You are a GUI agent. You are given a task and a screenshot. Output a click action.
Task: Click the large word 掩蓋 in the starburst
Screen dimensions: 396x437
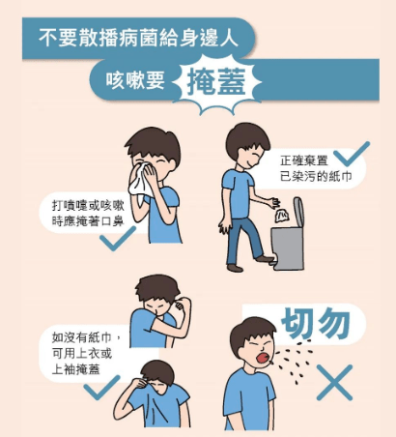coord(216,82)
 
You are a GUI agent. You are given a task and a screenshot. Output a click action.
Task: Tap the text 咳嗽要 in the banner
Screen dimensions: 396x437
coord(135,79)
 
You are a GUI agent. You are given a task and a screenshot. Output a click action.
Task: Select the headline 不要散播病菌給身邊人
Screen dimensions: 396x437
coord(138,38)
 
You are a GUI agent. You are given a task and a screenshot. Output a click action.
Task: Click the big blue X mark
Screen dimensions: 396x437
coord(334,383)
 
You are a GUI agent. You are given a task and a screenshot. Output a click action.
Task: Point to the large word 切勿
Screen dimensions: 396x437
coord(316,323)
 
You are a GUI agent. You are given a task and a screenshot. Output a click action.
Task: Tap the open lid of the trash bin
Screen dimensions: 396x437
coord(298,212)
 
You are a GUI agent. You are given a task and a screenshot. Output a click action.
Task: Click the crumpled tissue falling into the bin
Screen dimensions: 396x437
coord(281,216)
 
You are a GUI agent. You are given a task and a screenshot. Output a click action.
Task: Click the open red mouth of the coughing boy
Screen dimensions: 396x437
coord(263,358)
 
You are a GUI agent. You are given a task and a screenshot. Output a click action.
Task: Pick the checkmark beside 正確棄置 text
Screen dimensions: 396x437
coord(352,154)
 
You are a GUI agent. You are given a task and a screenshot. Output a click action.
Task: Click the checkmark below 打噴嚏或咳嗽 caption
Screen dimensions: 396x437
coord(118,238)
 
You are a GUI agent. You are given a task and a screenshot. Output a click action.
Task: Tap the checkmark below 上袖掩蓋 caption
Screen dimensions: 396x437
coord(101,388)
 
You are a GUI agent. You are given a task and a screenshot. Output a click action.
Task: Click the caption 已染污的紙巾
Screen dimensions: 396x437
coord(316,177)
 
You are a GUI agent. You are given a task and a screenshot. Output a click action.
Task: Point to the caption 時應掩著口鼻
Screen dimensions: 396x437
coord(88,221)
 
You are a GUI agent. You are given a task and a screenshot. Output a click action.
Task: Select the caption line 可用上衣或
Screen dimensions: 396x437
coord(82,354)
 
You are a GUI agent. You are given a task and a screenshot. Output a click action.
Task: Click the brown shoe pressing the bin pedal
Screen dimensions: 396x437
coord(265,258)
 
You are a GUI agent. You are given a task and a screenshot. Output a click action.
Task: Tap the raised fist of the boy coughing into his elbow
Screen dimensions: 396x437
coord(180,305)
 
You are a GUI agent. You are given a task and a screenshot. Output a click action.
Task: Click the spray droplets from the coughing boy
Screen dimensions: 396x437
coord(295,361)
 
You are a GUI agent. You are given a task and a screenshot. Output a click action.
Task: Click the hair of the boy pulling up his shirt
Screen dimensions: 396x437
coord(158,372)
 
